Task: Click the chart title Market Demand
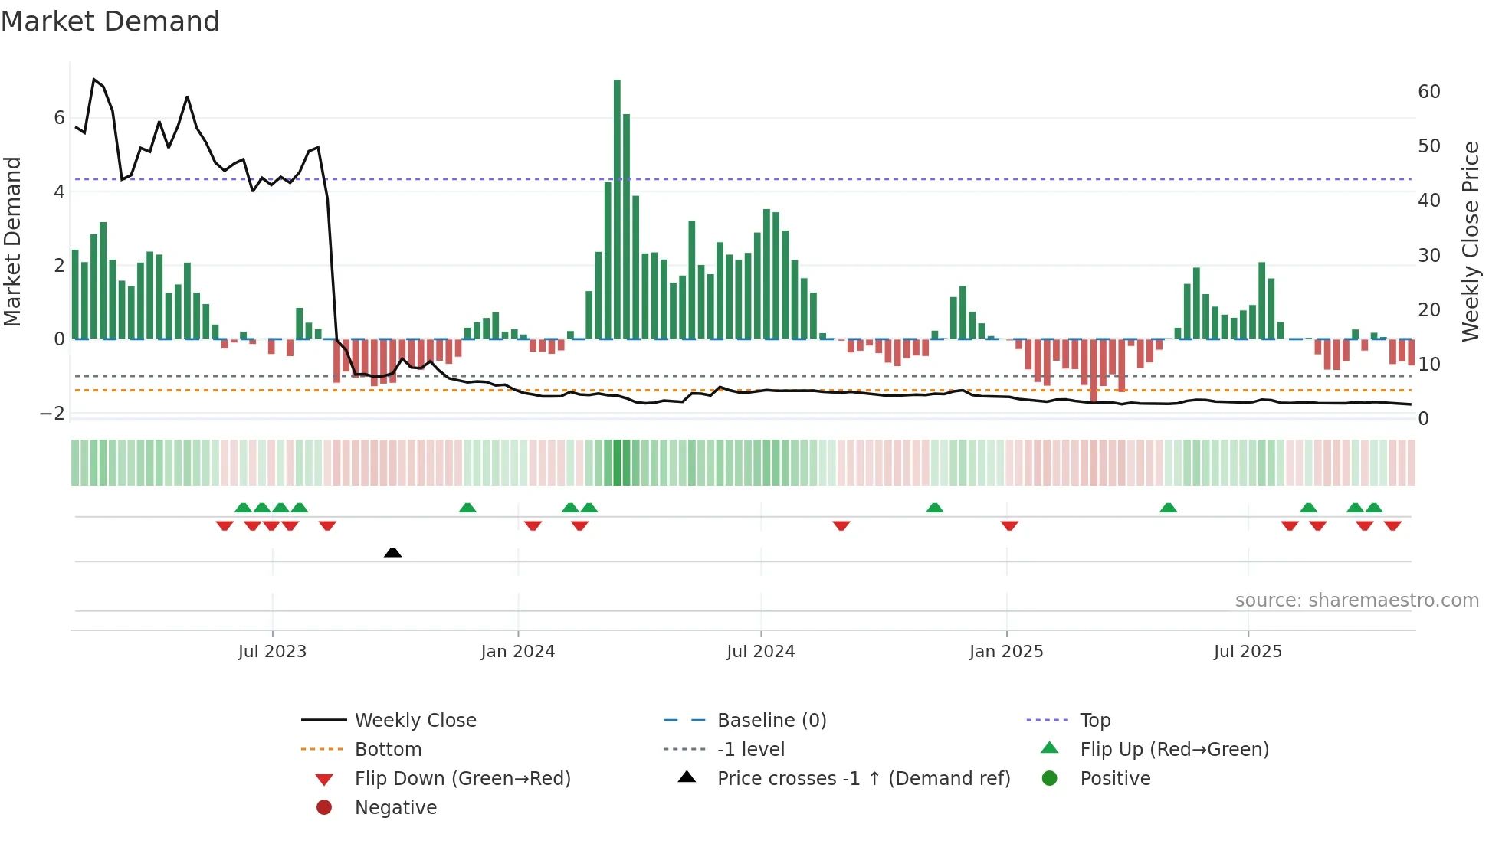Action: (x=110, y=21)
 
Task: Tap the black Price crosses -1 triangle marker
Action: (x=392, y=552)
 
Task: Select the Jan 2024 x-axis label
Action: (x=517, y=652)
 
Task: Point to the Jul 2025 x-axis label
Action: (x=1247, y=652)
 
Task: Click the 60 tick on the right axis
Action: (x=1428, y=92)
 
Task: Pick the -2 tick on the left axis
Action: (x=52, y=414)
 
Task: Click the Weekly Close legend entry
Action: (x=415, y=721)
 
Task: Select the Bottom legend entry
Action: (x=388, y=750)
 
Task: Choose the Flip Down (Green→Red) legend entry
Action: (x=462, y=779)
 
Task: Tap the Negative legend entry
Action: (x=395, y=808)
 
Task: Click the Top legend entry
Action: (x=1095, y=721)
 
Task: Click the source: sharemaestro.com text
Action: (x=1356, y=600)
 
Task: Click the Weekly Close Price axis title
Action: (x=1470, y=241)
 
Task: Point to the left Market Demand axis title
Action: (x=12, y=241)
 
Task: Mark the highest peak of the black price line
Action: (x=94, y=79)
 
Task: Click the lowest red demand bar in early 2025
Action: (x=1094, y=371)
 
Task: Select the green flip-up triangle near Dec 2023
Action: (x=467, y=508)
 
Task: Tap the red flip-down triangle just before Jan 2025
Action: (x=1009, y=525)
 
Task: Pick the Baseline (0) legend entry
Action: (x=771, y=721)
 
